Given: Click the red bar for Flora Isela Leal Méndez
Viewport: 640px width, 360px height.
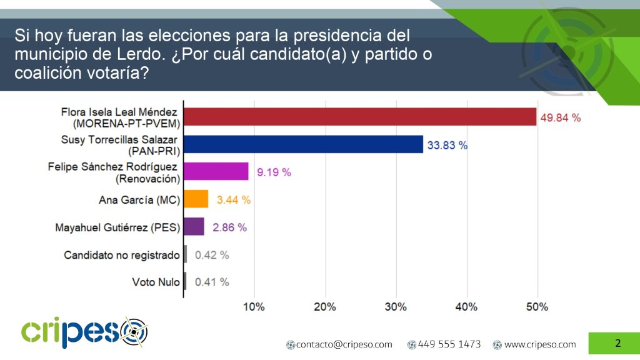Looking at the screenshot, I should (x=360, y=117).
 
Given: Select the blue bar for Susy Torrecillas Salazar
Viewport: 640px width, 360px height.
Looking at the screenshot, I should (x=303, y=144).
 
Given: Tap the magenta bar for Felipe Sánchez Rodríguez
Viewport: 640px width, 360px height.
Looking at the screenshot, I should (x=216, y=171).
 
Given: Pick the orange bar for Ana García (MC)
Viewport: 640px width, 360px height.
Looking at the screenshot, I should (x=196, y=199).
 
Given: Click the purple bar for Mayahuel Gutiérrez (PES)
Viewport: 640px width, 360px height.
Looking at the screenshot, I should (x=194, y=226).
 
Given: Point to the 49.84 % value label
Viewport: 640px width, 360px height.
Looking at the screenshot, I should (x=561, y=117).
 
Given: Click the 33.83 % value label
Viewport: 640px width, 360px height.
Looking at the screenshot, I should (x=447, y=145).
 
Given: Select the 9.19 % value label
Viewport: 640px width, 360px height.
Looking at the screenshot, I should (x=272, y=172).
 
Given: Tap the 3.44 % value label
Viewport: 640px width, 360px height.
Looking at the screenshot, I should (x=233, y=199).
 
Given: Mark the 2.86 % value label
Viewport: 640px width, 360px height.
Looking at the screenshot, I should (x=229, y=227).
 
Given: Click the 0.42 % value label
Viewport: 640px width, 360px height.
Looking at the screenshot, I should (x=212, y=254).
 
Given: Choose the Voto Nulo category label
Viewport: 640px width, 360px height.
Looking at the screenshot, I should (x=156, y=282).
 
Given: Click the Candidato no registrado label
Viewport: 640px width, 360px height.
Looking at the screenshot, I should (x=122, y=255).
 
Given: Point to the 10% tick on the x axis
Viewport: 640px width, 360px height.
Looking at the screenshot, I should (x=254, y=307).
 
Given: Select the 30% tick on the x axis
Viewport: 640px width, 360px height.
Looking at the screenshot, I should (x=396, y=307).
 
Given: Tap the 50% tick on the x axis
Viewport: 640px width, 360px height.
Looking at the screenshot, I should (x=537, y=307).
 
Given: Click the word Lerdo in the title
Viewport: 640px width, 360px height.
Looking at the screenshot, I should (x=129, y=54).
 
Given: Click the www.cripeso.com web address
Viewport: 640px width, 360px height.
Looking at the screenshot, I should (x=540, y=344).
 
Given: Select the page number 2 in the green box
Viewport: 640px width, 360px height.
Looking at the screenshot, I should (x=617, y=343).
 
